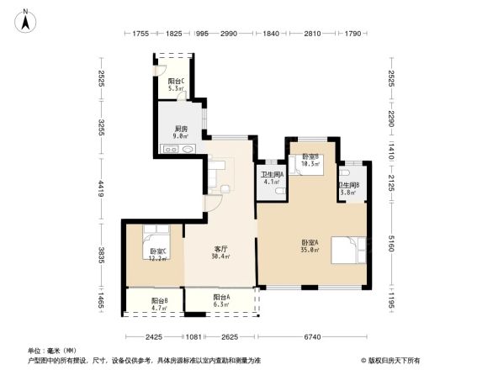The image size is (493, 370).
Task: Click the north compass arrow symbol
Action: pyautogui.click(x=26, y=20)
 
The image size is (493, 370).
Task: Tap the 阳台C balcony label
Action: pyautogui.click(x=177, y=84)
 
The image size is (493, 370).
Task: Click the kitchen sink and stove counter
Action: pyautogui.click(x=180, y=150)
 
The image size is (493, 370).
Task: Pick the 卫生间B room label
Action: pyautogui.click(x=349, y=188)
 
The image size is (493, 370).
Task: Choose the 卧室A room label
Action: pyautogui.click(x=310, y=246)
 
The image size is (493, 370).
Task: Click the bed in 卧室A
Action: pyautogui.click(x=348, y=251)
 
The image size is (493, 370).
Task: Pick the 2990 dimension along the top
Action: pyautogui.click(x=230, y=34)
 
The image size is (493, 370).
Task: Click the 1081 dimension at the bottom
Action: pyautogui.click(x=193, y=338)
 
